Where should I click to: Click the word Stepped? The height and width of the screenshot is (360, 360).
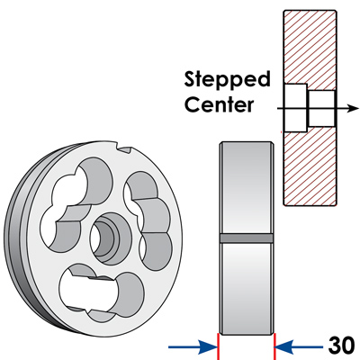(227, 80)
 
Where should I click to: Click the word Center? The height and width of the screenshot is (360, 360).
(220, 103)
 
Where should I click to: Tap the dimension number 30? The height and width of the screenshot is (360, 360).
(341, 346)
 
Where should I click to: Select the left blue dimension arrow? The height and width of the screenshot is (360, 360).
(193, 347)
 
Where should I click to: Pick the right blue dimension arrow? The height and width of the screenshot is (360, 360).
(299, 347)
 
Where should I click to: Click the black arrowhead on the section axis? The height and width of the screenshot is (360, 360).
(353, 108)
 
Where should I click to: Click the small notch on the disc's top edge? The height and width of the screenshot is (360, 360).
(124, 148)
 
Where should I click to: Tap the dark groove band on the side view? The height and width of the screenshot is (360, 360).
(247, 238)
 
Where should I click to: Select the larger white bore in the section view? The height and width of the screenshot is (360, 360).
(295, 108)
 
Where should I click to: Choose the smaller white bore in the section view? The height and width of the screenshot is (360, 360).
(322, 108)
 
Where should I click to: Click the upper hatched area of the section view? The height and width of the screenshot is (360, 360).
(310, 48)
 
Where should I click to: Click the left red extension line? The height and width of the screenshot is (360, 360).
(218, 346)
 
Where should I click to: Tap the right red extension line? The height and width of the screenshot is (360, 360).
(274, 346)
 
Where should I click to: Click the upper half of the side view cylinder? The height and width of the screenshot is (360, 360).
(247, 188)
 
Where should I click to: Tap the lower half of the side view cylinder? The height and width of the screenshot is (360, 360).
(247, 288)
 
